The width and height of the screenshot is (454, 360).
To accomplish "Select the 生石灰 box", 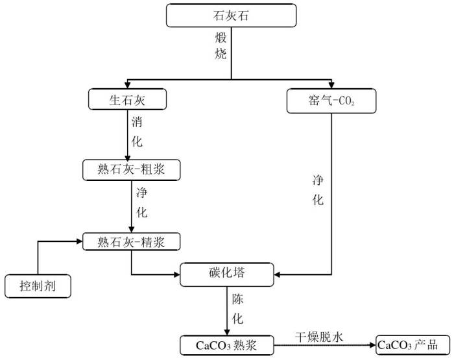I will pyautogui.click(x=128, y=99).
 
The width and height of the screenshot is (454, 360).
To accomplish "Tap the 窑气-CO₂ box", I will pyautogui.click(x=330, y=101).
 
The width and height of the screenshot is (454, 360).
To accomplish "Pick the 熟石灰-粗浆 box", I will pyautogui.click(x=130, y=170).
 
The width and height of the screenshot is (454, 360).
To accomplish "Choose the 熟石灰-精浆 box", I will pyautogui.click(x=130, y=242).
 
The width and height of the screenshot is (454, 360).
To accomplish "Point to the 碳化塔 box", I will pyautogui.click(x=227, y=276).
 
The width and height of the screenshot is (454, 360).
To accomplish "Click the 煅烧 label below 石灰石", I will pyautogui.click(x=221, y=45).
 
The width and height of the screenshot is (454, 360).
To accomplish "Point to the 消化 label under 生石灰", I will pyautogui.click(x=137, y=130).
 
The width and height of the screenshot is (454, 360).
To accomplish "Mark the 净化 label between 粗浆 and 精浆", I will pyautogui.click(x=142, y=202).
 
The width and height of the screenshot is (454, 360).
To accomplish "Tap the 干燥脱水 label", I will pyautogui.click(x=322, y=336).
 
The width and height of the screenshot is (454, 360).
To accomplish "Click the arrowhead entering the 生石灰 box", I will pyautogui.click(x=127, y=84).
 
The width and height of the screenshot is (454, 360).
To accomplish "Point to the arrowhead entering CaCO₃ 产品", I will pyautogui.click(x=372, y=344).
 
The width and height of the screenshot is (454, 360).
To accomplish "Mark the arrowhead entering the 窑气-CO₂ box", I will pyautogui.click(x=331, y=84).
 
